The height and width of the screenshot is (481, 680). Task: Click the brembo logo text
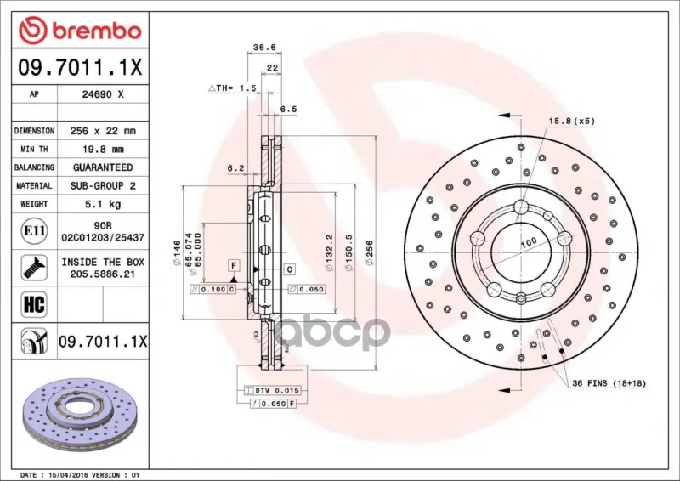point(97,31)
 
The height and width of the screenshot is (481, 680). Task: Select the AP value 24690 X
point(103,94)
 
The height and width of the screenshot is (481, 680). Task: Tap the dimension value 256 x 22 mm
point(103,131)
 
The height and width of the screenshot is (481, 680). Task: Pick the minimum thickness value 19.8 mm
point(103,150)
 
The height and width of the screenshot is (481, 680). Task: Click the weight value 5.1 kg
point(103,204)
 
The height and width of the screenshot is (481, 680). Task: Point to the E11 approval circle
point(34,231)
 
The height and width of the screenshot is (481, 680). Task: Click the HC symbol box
point(34,304)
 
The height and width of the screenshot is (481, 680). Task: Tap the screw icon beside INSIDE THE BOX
point(34,268)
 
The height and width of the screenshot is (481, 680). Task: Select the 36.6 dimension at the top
point(264,47)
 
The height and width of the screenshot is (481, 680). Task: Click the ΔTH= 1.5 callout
point(232,88)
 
